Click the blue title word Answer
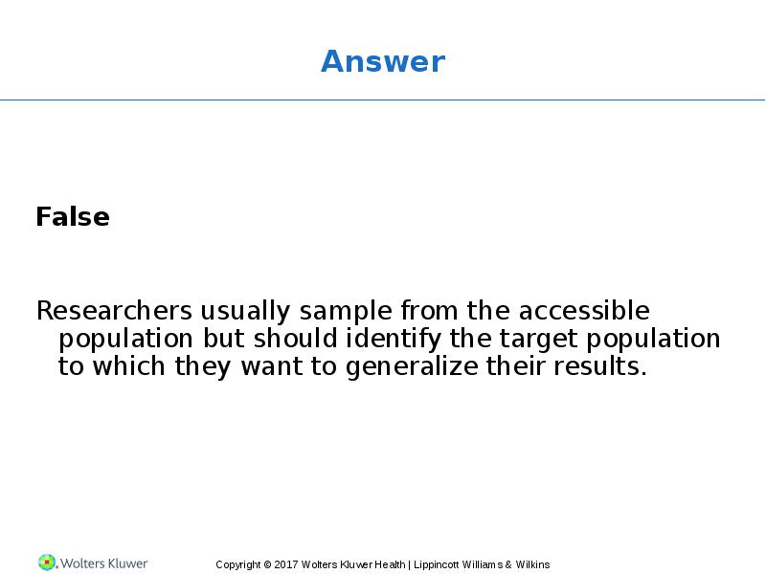click(383, 61)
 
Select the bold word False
click(73, 217)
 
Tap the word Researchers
click(115, 311)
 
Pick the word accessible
click(584, 311)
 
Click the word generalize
click(412, 367)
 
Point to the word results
click(600, 366)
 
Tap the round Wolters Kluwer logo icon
click(47, 563)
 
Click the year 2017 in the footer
click(286, 564)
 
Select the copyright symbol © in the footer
click(267, 564)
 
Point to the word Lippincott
click(437, 565)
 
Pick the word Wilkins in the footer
click(532, 564)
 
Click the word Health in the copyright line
click(390, 564)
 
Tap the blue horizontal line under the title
click(382, 100)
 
